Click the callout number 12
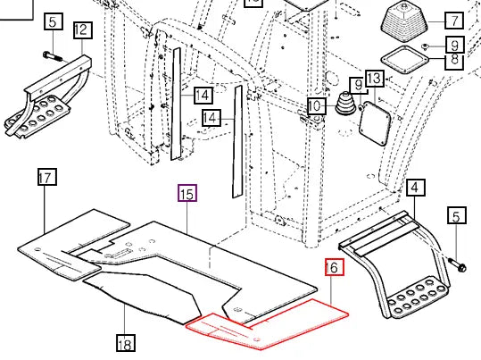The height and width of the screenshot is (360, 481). click(83, 30)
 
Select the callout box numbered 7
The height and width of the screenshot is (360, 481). click(454, 21)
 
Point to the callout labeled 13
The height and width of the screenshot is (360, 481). click(375, 78)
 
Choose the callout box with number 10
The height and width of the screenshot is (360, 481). click(317, 106)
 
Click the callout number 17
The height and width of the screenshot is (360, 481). click(47, 177)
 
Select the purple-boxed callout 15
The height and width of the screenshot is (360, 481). click(187, 193)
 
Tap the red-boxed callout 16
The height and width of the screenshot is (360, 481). click(335, 267)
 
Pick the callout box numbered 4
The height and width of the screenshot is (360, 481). click(416, 188)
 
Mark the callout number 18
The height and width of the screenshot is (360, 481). click(126, 343)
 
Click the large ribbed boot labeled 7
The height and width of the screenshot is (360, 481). click(404, 22)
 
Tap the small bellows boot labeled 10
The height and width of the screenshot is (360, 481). click(345, 104)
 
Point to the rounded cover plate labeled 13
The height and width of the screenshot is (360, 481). click(375, 124)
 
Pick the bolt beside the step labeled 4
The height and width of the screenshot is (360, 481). click(458, 264)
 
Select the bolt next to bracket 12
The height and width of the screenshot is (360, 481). click(53, 56)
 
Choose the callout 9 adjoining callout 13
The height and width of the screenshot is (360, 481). click(359, 86)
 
